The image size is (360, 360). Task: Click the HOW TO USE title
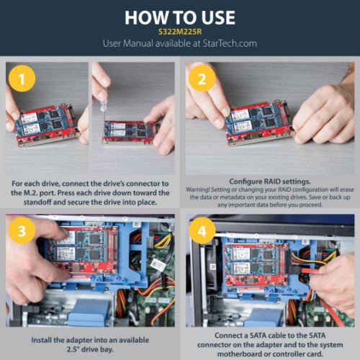(179, 17)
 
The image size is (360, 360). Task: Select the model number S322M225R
(179, 32)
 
